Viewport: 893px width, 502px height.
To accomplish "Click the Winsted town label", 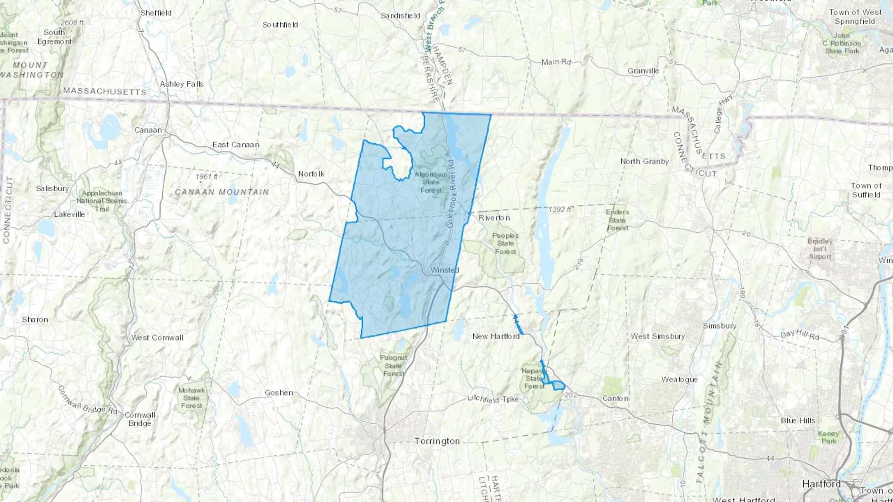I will coord(445,270).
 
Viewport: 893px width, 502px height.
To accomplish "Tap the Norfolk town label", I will coord(311,174).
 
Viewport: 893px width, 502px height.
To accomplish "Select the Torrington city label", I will coord(437,441).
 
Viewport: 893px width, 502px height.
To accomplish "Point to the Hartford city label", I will coord(822,484).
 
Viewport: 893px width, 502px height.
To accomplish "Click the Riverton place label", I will coord(494,218).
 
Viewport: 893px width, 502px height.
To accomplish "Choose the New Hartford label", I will coord(496,336).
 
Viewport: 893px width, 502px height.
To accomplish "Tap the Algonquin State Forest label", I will coord(431,182).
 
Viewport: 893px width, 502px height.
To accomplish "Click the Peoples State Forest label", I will coord(506,243).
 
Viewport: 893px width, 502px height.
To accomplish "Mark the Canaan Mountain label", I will coord(222,192).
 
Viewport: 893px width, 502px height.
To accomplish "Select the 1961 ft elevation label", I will coord(206,177).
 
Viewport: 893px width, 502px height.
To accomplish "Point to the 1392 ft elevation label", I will coord(560,210).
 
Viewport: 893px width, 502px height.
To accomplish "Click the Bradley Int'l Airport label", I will coord(820,249).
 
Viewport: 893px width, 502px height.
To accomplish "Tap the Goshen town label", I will coord(278,392).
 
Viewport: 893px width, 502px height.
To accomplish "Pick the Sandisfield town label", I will coord(400,16).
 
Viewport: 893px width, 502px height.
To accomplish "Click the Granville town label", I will coord(643,71).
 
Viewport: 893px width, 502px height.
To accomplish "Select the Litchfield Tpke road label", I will coord(493,399).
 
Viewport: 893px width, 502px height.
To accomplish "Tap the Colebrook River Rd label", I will coord(450,193).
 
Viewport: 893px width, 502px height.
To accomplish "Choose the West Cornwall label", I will coord(157,337).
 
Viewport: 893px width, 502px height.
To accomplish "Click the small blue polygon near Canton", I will coord(558,385).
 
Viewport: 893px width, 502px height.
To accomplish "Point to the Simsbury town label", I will coord(719,326).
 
